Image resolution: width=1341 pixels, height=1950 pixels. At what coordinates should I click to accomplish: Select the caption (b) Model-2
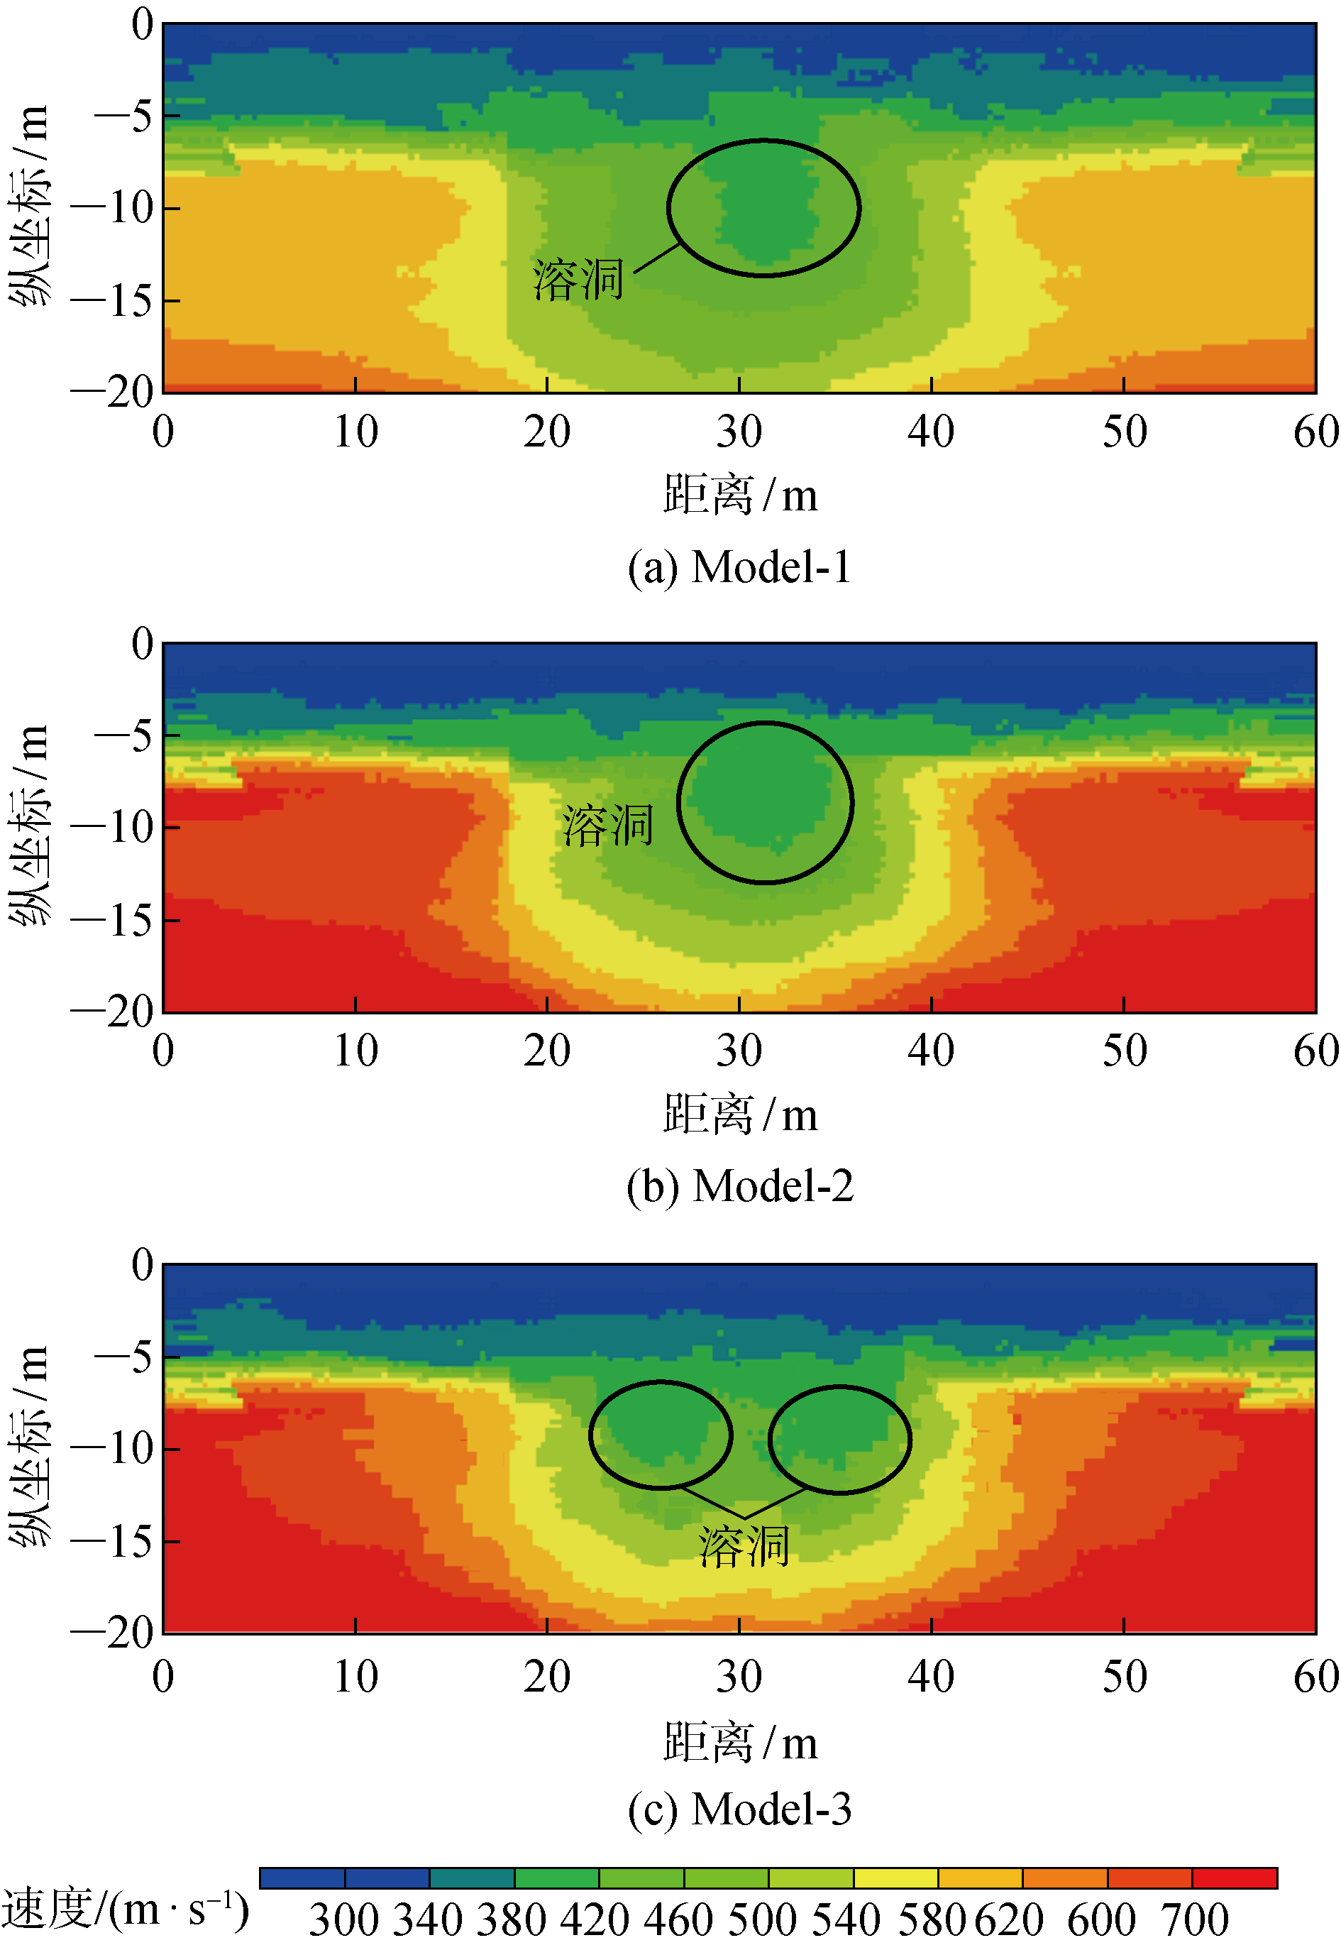739,1186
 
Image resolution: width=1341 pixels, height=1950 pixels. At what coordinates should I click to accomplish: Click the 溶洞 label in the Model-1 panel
578,280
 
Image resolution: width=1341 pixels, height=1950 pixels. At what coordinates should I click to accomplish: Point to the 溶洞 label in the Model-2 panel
607,825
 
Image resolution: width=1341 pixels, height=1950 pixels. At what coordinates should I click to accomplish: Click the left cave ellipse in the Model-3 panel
661,1435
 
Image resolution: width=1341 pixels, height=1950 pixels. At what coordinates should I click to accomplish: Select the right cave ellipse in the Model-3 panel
839,1440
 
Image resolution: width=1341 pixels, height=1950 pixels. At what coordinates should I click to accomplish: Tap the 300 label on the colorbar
343,1919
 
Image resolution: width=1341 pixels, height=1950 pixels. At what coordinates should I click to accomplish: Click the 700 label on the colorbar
1194,1919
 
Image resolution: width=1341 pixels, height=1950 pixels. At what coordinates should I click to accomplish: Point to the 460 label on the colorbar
678,1919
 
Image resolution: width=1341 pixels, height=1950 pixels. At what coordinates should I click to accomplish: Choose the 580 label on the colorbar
931,1919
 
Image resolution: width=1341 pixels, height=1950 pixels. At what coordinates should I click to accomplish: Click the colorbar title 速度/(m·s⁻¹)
124,1910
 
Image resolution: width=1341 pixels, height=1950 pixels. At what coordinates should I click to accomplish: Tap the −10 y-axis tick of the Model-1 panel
113,207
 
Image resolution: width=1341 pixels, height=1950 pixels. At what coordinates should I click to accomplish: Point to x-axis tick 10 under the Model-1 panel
355,432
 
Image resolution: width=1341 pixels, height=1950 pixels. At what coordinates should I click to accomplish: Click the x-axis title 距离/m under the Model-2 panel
739,1114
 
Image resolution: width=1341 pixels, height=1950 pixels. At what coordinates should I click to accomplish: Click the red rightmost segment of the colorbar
1235,1878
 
